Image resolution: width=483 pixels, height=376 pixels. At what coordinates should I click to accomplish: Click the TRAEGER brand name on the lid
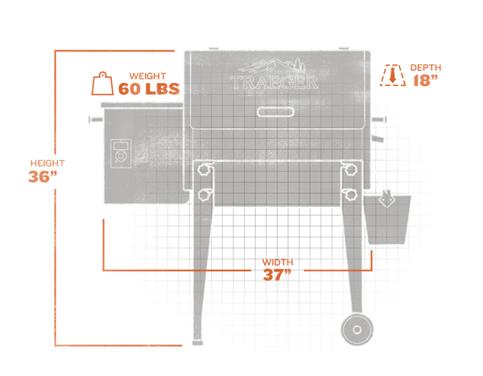point(274,82)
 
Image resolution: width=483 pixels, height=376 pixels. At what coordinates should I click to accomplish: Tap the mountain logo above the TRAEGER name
point(272,66)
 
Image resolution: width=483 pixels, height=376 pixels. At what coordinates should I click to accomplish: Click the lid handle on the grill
point(275,112)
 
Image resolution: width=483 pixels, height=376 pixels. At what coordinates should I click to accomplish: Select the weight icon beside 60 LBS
point(102,84)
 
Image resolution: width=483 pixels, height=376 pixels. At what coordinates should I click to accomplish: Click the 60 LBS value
point(149,89)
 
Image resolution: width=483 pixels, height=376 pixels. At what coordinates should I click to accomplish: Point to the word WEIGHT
point(147,76)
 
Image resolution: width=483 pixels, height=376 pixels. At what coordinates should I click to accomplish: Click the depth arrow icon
point(393,75)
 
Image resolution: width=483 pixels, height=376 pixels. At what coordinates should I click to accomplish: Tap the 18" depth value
point(425,81)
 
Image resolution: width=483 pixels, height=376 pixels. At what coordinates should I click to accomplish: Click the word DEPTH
point(426,68)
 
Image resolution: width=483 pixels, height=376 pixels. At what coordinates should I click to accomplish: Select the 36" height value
point(43,176)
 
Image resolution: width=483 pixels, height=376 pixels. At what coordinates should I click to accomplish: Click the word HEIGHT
point(47,163)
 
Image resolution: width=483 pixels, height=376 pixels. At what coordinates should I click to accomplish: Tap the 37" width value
point(277,275)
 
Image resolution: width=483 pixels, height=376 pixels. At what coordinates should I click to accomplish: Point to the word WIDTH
point(278,262)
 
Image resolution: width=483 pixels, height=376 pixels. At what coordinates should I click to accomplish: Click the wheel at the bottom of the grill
point(357,329)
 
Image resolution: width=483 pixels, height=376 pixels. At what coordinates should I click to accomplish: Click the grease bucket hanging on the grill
point(387,217)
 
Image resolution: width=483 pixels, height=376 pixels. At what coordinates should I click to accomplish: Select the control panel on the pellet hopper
point(121,154)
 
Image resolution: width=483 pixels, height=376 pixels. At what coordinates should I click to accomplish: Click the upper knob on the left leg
point(204,169)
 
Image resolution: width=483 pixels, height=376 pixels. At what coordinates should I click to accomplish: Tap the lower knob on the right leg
point(350,195)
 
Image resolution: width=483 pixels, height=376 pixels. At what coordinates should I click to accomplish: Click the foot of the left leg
point(197,342)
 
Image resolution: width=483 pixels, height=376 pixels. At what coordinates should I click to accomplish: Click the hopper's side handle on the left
point(96,119)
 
